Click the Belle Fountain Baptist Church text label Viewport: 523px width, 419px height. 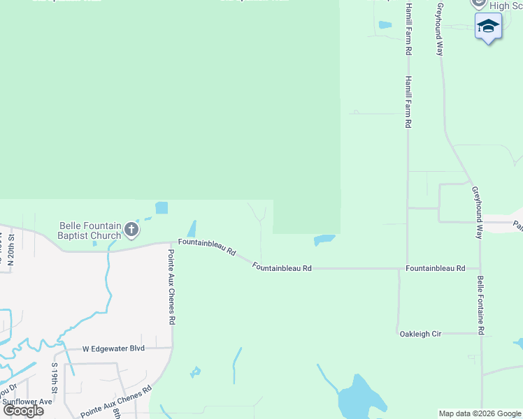tap(90, 230)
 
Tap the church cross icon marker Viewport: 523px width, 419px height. tap(131, 229)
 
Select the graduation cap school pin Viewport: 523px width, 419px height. tap(488, 27)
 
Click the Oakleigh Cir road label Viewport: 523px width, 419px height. tap(420, 334)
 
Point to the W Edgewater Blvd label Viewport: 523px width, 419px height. tap(113, 348)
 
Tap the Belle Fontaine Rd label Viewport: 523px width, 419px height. tap(481, 304)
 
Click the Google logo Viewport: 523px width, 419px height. tap(24, 410)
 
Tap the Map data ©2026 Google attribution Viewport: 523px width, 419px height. tap(480, 413)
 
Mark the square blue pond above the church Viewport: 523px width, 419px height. tap(162, 207)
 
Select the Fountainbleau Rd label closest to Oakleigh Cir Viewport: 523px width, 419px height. tap(436, 268)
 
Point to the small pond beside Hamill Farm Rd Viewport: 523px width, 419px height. tap(385, 25)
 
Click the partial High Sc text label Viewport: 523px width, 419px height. tap(506, 6)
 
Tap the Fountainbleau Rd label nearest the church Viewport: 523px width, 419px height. tap(206, 246)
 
